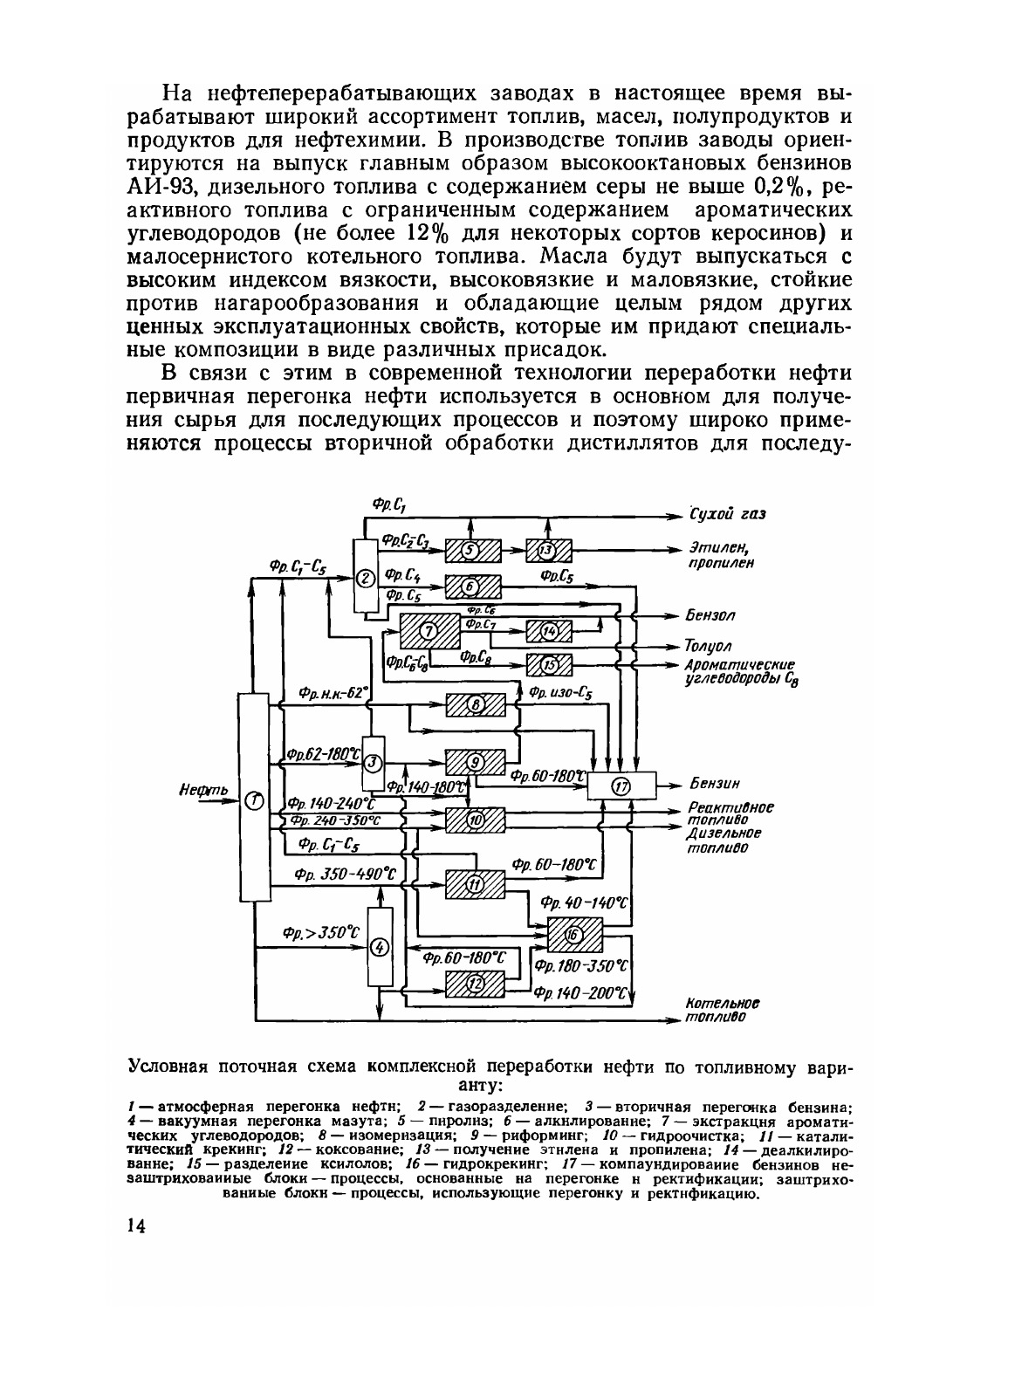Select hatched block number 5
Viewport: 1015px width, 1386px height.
click(471, 550)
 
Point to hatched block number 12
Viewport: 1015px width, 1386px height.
click(475, 984)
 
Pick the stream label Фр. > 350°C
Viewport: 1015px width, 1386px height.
click(320, 932)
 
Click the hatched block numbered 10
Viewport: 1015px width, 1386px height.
click(476, 820)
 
